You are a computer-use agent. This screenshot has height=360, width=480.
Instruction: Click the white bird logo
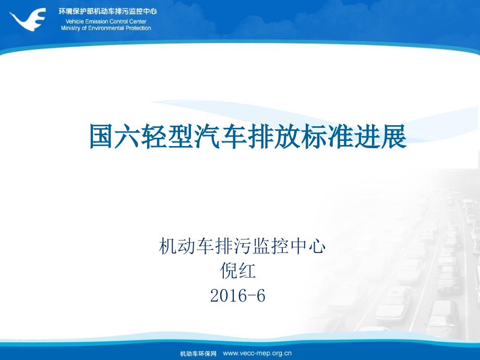[28, 18]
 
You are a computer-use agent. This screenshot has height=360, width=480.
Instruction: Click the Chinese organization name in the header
[107, 11]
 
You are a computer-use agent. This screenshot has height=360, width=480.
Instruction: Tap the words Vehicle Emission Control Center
[106, 21]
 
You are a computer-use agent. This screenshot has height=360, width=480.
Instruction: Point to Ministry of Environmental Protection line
[106, 28]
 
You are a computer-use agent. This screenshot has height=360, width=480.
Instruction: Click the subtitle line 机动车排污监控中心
[242, 246]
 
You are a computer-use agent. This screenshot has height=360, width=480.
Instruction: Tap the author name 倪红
[238, 271]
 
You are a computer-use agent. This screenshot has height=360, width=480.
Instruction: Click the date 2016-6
[238, 296]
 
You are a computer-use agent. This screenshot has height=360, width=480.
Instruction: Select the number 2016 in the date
[229, 296]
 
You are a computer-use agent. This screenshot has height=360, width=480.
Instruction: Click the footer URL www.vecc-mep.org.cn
[257, 354]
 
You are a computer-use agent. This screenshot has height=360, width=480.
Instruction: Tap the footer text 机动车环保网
[198, 354]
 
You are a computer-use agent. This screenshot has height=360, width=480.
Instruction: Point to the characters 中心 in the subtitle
[307, 246]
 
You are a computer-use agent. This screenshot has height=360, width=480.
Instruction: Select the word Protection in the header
[138, 28]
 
